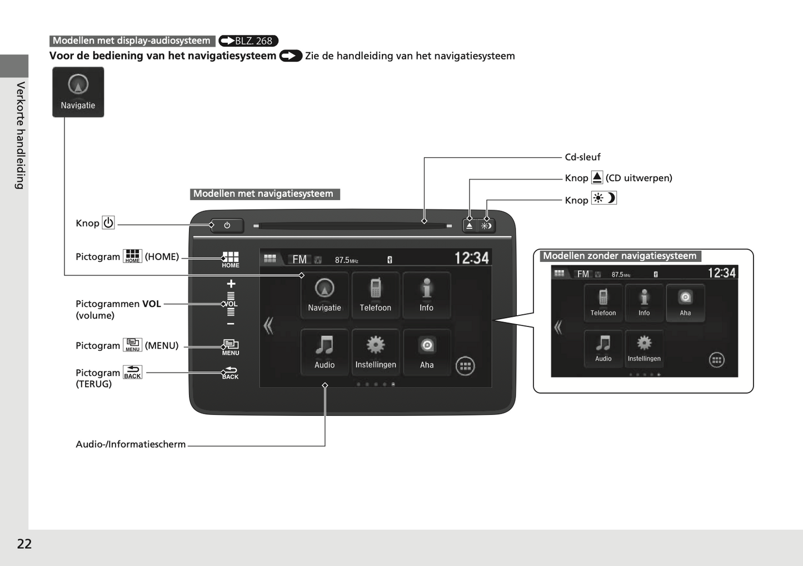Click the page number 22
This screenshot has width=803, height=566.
point(24,544)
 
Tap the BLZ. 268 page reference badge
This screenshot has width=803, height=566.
point(248,41)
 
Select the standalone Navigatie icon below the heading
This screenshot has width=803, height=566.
point(78,92)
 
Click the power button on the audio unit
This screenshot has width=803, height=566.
point(227,225)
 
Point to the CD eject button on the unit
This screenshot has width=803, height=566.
point(470,226)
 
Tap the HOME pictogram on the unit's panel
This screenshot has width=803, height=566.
point(231,259)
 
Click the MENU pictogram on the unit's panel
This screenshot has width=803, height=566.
point(231,347)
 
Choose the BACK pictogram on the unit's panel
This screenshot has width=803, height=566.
point(231,373)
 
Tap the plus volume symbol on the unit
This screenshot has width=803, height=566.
point(231,284)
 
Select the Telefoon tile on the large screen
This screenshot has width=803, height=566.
point(376,295)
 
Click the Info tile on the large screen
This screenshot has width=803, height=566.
point(426,295)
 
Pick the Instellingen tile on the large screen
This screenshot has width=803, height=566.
point(376,352)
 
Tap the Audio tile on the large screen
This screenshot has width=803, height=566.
point(325,352)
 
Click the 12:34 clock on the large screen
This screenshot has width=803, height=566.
point(471,258)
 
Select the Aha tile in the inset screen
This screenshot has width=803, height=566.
point(685,302)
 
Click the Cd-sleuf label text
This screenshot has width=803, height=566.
point(582,157)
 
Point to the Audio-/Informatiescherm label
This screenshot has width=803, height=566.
point(131,444)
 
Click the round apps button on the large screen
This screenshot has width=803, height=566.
point(465,366)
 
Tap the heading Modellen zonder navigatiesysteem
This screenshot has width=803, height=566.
point(620,256)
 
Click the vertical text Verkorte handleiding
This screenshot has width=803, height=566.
point(21,136)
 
